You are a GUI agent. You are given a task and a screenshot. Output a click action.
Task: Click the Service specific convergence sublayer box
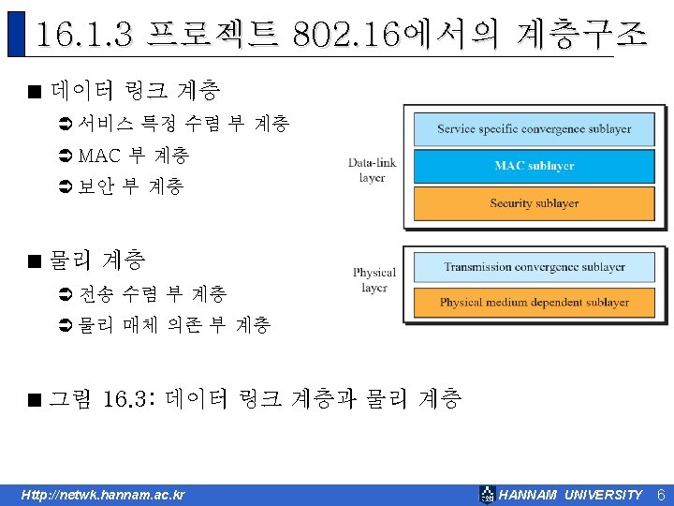(x=534, y=128)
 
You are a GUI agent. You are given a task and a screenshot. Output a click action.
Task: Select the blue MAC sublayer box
(x=534, y=166)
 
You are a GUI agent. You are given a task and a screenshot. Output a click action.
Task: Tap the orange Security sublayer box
(x=534, y=203)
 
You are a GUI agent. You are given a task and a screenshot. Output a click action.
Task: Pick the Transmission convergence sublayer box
(x=534, y=267)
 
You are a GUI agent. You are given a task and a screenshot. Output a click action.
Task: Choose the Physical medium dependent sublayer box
(x=534, y=303)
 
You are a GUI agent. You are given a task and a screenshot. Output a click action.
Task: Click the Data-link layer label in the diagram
(x=372, y=170)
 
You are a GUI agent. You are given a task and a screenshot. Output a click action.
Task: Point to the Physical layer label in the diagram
(x=374, y=279)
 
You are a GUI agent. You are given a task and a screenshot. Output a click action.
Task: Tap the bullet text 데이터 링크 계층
(x=136, y=91)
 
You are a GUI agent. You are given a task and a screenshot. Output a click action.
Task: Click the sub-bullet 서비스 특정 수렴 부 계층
(x=183, y=123)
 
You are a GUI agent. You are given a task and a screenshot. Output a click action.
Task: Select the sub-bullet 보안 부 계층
(x=131, y=186)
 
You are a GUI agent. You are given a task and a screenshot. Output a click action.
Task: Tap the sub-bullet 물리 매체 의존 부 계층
(x=175, y=325)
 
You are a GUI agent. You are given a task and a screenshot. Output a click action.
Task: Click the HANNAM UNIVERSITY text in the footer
(x=570, y=495)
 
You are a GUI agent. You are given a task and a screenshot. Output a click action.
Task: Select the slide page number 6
(x=660, y=494)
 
